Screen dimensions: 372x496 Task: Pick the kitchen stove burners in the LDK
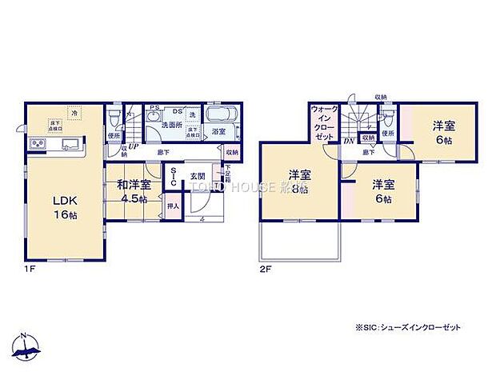click(x=38, y=145)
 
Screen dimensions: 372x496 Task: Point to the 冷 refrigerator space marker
click(x=74, y=113)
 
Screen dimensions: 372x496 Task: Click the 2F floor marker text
click(x=266, y=270)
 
